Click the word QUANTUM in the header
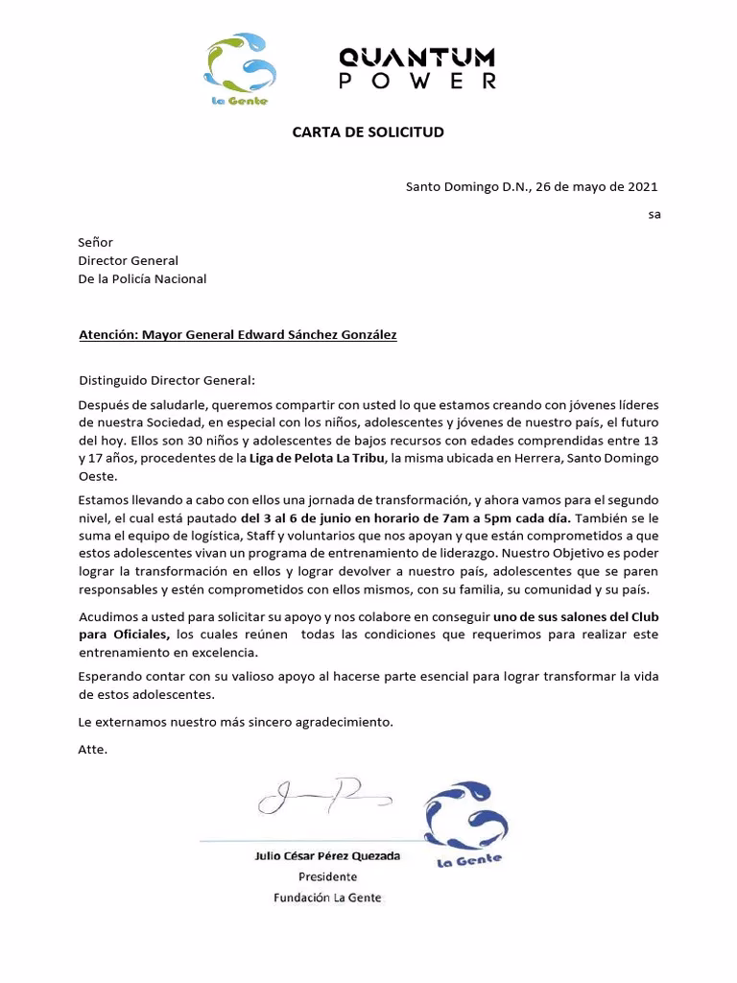[417, 57]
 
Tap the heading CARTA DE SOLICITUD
[368, 132]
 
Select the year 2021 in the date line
[642, 186]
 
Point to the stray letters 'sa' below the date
[654, 214]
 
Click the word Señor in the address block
[95, 243]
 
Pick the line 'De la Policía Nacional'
[142, 279]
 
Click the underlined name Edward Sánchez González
[308, 335]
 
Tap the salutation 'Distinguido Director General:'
[167, 379]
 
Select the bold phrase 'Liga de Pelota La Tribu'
[310, 459]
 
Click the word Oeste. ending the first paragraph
[97, 476]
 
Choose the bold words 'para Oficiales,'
[124, 634]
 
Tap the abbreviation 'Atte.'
[93, 750]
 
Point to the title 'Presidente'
[327, 876]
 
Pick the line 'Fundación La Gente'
[327, 898]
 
